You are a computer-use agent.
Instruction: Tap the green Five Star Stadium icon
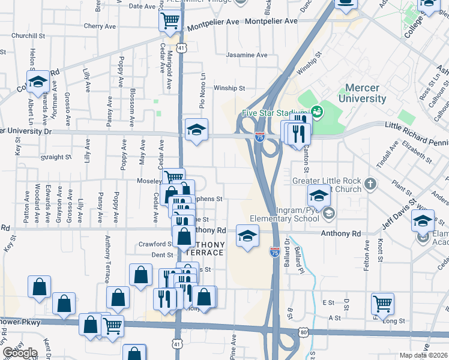(316, 112)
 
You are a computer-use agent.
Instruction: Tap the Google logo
(20, 352)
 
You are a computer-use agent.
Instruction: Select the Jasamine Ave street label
(246, 55)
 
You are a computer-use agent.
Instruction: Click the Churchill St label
(28, 36)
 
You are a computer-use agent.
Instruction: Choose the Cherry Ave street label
(100, 26)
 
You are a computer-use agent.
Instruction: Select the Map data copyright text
(421, 355)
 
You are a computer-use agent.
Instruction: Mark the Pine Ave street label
(233, 347)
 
